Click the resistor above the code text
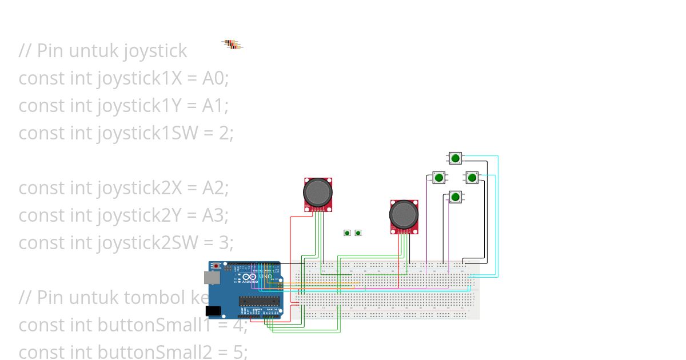point(232,44)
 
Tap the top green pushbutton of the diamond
point(455,158)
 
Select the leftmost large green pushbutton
point(438,178)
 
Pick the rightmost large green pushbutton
point(472,178)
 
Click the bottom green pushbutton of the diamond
point(455,197)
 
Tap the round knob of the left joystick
point(317,193)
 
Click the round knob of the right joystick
point(404,214)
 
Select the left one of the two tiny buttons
point(347,233)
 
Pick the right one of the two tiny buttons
point(358,233)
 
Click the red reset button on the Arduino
point(216,266)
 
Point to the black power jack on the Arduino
point(213,310)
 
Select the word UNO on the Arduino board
point(266,277)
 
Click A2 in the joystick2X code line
point(215,187)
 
